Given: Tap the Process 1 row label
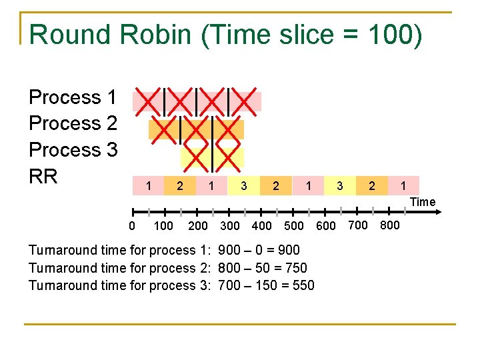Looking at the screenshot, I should tap(73, 97).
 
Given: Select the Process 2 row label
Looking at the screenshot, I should tap(73, 123).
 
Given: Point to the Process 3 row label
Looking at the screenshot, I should tap(73, 150).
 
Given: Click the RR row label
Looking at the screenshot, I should tap(43, 177).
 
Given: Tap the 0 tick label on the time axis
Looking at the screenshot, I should tap(131, 225).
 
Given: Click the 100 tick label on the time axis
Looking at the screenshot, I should tap(163, 225).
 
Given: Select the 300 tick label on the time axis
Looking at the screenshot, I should tap(229, 225).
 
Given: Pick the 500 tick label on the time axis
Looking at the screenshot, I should tap(294, 225).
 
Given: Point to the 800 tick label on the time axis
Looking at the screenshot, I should tap(389, 225).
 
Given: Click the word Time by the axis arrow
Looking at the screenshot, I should tap(423, 202).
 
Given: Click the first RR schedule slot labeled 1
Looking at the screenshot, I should tap(148, 185).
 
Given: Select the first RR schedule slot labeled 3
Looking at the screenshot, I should tap(244, 185).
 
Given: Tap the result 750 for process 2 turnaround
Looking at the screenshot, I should tap(295, 268).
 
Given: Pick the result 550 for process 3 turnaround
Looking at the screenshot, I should tap(301, 285).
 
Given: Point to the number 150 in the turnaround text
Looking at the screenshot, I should tap(262, 285).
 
